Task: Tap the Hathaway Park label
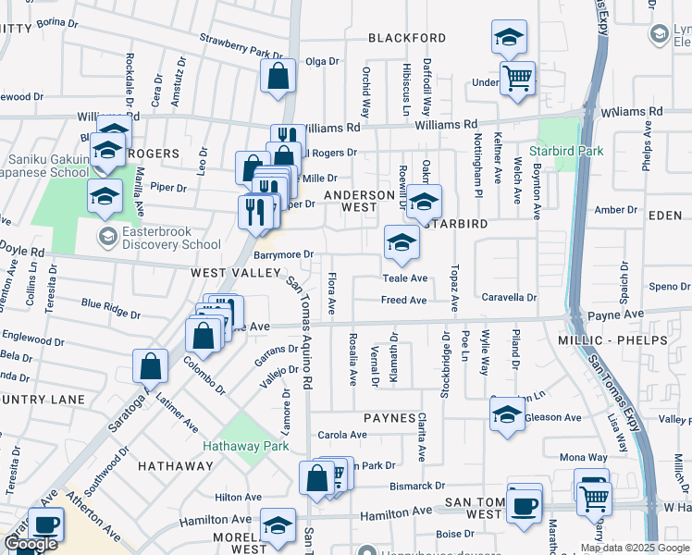tap(251, 446)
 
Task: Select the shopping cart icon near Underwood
tap(517, 78)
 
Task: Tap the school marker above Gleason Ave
tap(508, 415)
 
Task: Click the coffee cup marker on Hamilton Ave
tap(524, 505)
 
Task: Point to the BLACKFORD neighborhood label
tap(407, 39)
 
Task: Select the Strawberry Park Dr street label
tap(241, 47)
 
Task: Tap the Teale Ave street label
tap(405, 278)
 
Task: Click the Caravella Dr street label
tap(510, 298)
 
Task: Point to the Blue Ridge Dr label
tap(111, 308)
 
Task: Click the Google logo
tap(31, 544)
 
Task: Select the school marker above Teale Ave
tap(402, 243)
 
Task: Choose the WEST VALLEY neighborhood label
tap(236, 273)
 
